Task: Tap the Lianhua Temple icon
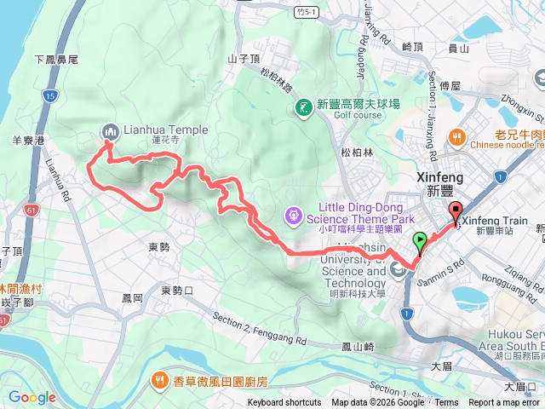(x=109, y=131)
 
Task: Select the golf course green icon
(x=304, y=107)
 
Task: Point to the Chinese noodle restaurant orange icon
(x=457, y=135)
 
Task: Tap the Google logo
(x=32, y=397)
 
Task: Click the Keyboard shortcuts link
(x=284, y=403)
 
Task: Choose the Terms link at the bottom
(x=446, y=403)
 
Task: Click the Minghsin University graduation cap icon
(x=399, y=271)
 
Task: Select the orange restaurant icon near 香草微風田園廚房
(x=158, y=379)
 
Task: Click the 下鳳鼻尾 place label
(x=57, y=60)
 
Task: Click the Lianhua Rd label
(x=58, y=178)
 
